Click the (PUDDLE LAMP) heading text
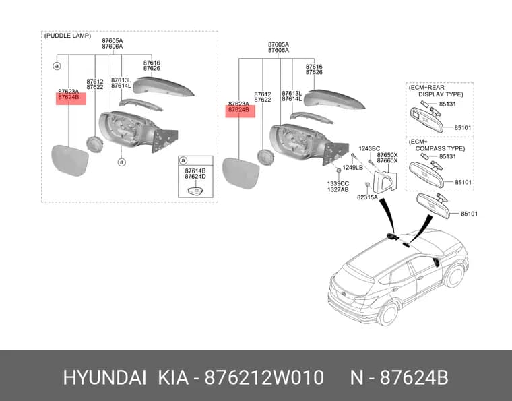[x=67, y=36]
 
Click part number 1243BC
[x=369, y=148]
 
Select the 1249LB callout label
[x=352, y=168]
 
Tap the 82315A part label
[x=367, y=197]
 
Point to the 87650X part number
[x=387, y=155]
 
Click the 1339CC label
[x=338, y=184]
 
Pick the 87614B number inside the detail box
[x=195, y=171]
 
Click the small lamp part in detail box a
[x=195, y=191]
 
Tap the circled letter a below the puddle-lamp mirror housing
[x=122, y=162]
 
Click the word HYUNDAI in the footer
[x=104, y=378]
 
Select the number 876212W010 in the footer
[x=264, y=378]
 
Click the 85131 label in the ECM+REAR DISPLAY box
[x=448, y=104]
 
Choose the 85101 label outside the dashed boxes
[x=470, y=214]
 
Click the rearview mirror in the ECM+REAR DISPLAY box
[x=426, y=120]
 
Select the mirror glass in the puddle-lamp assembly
[x=70, y=160]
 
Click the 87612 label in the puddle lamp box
[x=95, y=82]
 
